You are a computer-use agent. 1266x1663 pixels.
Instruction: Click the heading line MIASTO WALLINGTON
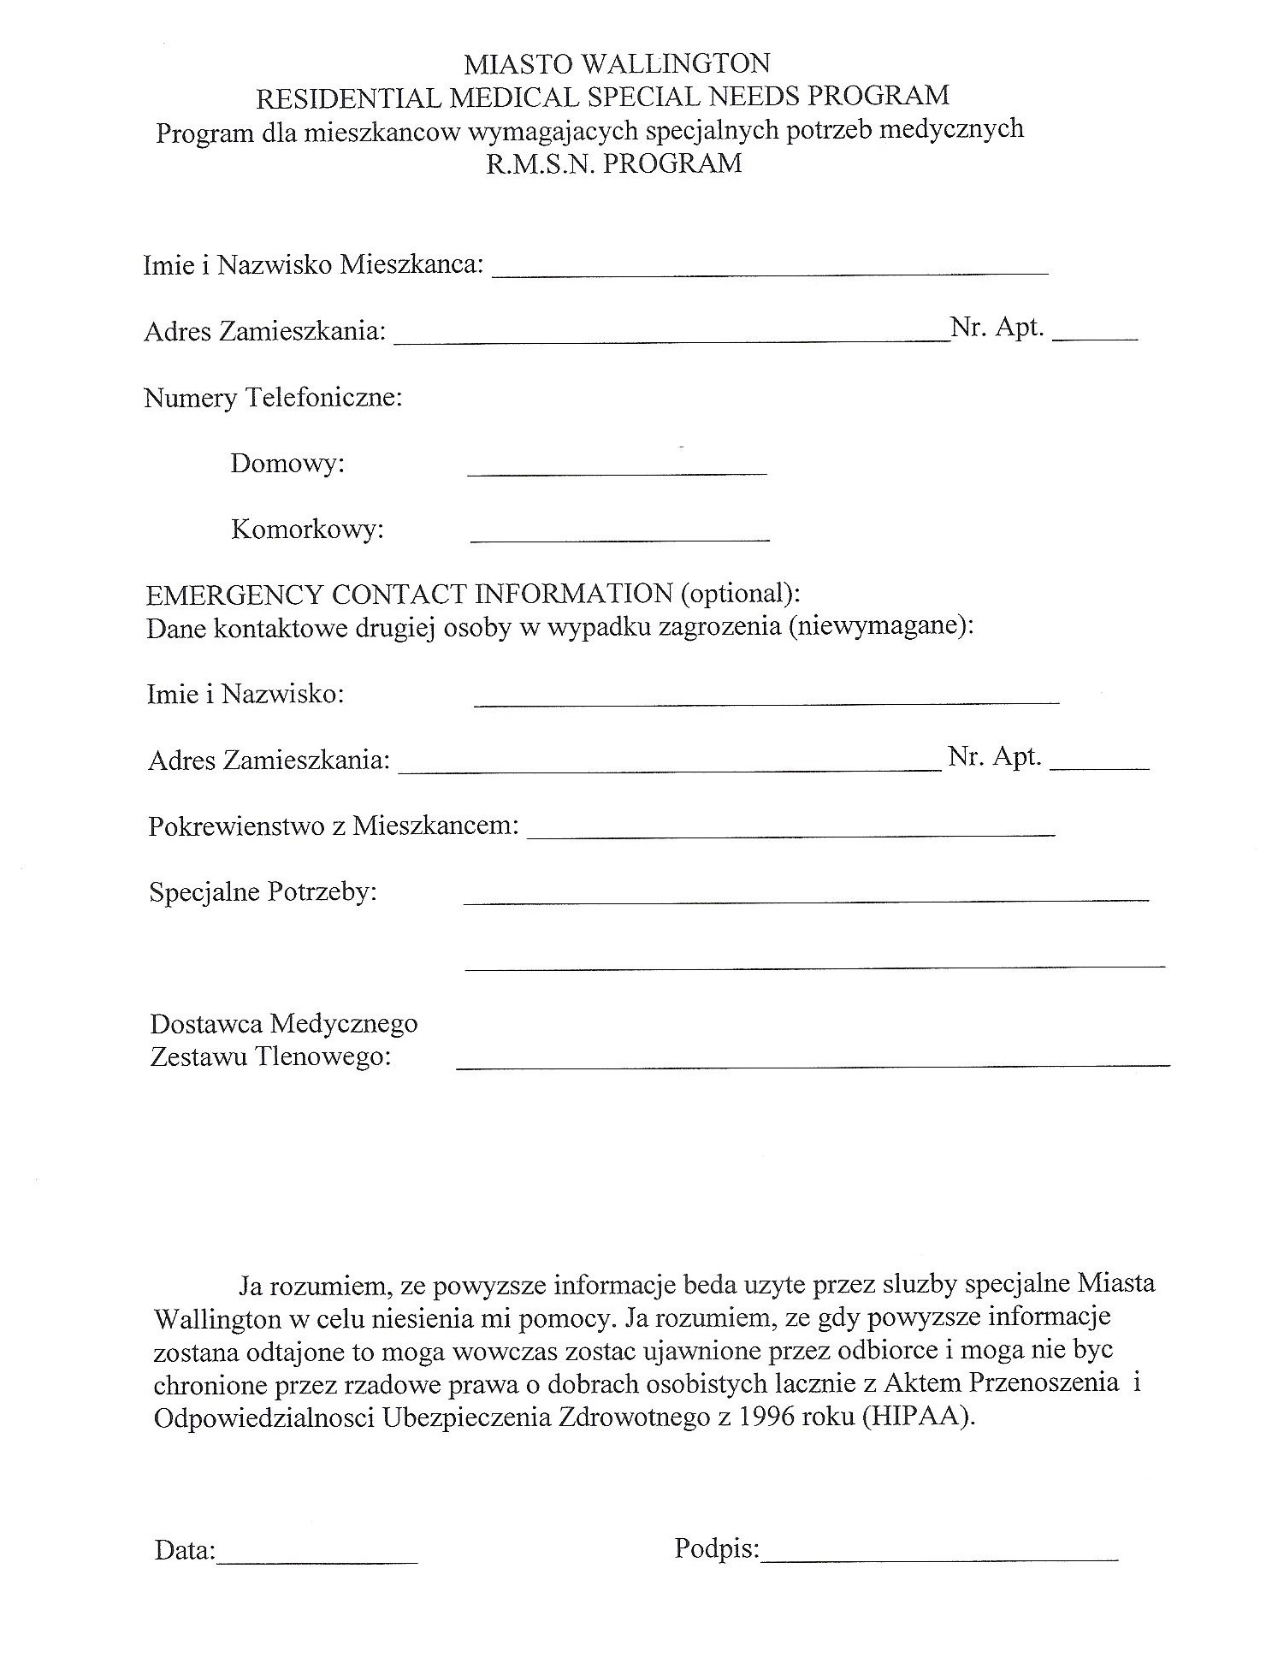pos(616,63)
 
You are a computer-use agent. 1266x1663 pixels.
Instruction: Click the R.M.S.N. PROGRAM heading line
pos(613,163)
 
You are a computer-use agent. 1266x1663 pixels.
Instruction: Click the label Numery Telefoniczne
pos(273,398)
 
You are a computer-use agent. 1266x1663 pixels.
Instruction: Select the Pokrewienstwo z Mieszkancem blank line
pos(790,832)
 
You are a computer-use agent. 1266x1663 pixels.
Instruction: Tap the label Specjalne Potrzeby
pos(263,892)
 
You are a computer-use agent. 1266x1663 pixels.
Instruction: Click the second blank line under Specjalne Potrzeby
pos(814,965)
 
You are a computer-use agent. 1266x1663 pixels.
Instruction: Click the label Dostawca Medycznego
pos(284,1023)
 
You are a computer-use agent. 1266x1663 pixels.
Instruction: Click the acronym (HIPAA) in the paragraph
pos(919,1417)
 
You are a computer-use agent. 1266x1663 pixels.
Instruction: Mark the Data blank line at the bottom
pos(317,1562)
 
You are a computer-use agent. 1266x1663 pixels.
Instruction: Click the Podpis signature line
pos(939,1560)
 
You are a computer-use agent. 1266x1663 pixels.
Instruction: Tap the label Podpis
pos(717,1549)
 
